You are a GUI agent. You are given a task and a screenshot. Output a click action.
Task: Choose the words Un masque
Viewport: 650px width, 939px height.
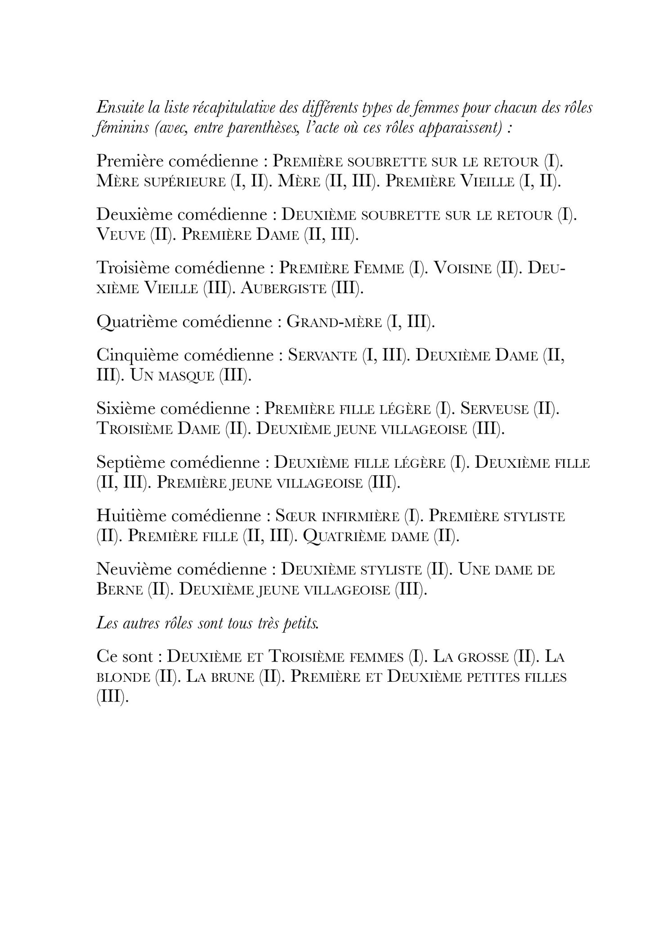coord(172,376)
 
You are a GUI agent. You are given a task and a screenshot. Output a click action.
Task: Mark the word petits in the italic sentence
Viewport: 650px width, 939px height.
coord(300,624)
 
